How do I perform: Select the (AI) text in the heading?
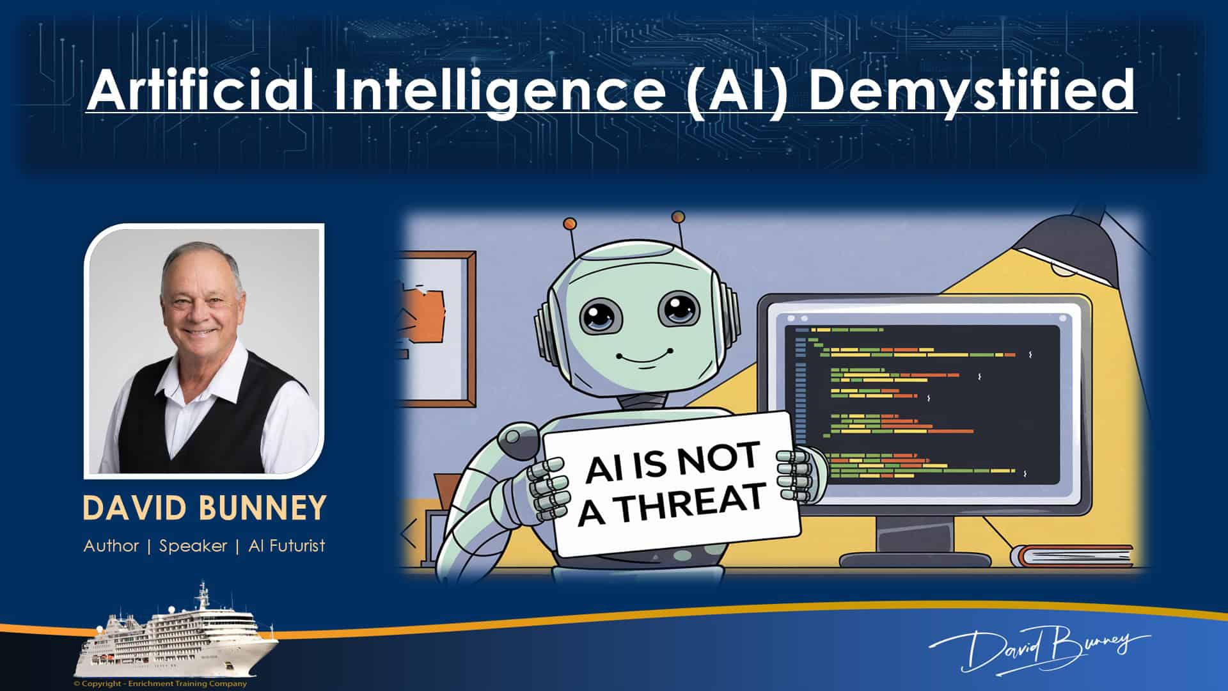pos(736,91)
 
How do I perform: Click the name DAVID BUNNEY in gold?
pos(205,508)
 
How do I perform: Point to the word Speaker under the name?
pos(193,546)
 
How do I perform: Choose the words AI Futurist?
pos(287,546)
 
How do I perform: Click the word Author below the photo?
pos(111,546)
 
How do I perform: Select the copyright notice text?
pos(160,684)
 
